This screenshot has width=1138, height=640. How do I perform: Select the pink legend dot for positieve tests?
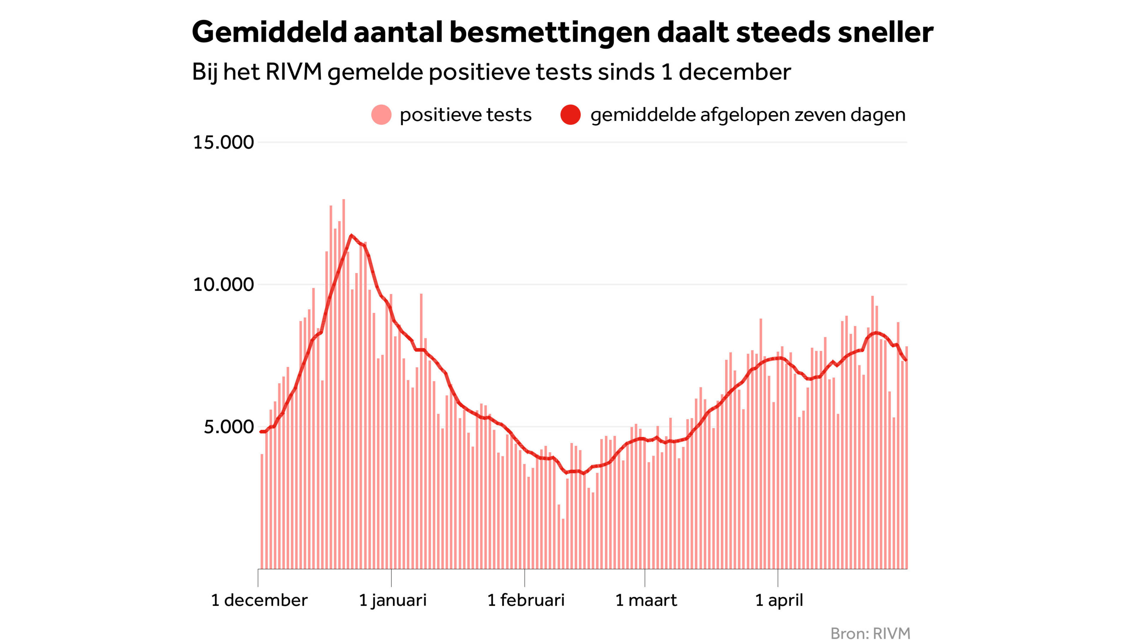point(381,115)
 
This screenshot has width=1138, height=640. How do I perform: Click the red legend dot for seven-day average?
point(570,115)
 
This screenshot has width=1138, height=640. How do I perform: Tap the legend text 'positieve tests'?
point(465,115)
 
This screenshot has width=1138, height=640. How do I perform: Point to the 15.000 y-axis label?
point(223,142)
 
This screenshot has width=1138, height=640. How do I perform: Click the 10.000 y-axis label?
point(223,284)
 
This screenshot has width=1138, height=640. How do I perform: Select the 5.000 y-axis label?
point(228,427)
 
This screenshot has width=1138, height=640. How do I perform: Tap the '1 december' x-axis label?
point(259,600)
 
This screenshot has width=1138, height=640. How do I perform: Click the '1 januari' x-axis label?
point(392,600)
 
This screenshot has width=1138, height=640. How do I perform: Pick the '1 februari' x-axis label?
point(526,600)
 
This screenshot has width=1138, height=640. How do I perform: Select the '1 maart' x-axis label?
point(646,600)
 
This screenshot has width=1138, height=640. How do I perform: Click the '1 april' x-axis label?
point(779,600)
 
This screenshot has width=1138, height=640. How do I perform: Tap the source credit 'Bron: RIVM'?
point(870,633)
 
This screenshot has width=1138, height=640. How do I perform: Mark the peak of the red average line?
point(351,236)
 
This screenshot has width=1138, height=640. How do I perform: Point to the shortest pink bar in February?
point(563,543)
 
